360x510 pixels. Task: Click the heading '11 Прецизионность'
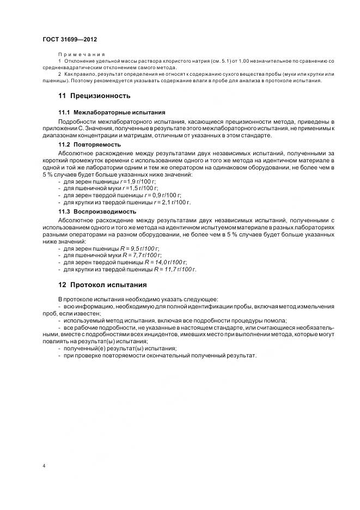point(94,96)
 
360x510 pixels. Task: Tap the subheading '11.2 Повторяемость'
point(89,144)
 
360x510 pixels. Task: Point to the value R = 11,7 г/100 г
point(175,269)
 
